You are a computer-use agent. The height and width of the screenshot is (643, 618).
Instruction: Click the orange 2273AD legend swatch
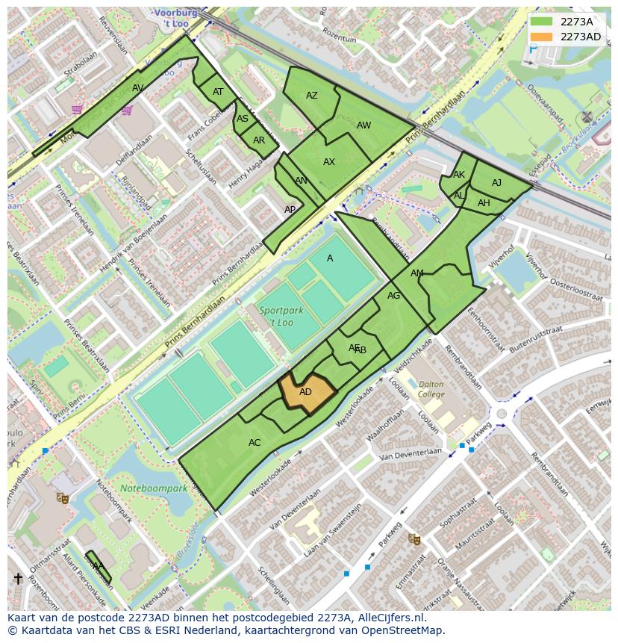point(543,37)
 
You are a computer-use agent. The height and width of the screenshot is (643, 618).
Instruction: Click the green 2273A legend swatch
point(543,22)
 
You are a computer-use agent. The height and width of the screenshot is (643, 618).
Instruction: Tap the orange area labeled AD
point(305,392)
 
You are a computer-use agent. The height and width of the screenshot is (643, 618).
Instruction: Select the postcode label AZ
point(312,96)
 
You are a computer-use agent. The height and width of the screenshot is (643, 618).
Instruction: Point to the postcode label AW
point(363,125)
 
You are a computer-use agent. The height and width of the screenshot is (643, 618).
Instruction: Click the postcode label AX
point(329,162)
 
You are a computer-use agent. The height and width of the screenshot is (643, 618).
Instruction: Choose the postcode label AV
point(138,88)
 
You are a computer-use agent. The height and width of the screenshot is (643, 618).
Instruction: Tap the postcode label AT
point(218,92)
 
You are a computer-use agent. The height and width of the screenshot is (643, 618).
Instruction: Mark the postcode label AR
point(259,140)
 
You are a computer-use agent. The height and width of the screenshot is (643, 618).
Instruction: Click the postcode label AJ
point(497,183)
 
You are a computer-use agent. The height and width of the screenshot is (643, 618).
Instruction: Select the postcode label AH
point(484,203)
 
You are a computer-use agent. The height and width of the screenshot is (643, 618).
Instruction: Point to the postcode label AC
point(255,443)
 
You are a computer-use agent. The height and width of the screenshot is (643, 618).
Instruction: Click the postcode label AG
point(393,296)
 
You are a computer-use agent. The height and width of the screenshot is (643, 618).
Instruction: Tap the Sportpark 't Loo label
point(276,316)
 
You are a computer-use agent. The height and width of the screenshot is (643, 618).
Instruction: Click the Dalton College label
point(431,389)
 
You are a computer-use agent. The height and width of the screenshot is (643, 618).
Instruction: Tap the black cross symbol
point(18,579)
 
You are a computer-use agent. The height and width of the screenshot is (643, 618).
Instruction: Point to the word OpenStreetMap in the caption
point(404,630)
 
